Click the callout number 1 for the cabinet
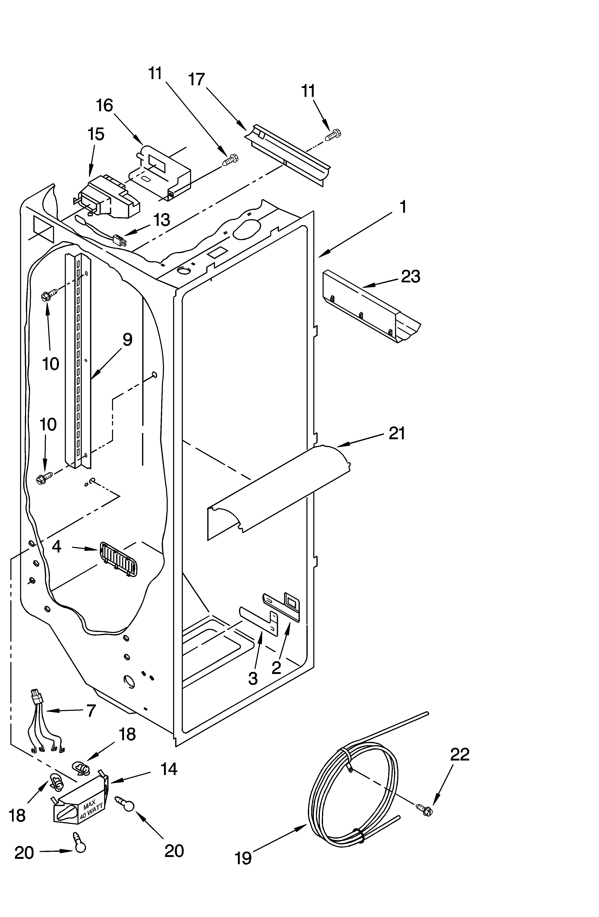403,207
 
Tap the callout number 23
411,277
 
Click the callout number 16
105,105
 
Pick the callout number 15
96,134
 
